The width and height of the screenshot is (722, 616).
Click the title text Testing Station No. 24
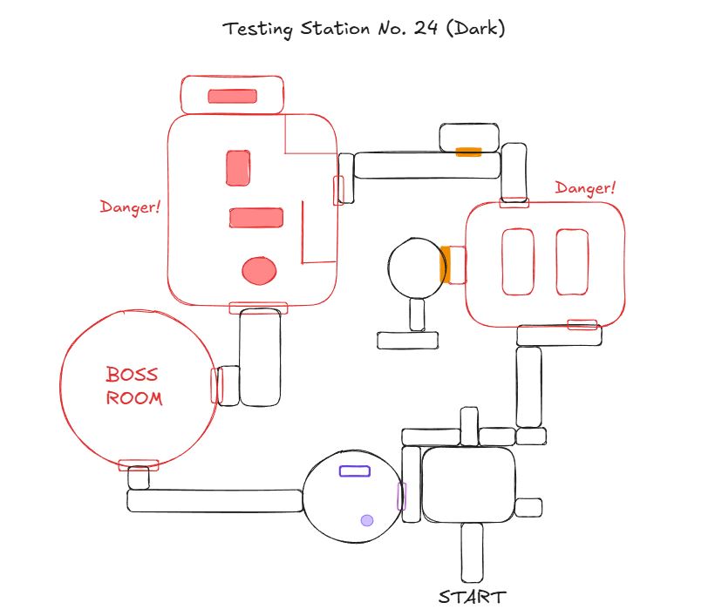tap(364, 29)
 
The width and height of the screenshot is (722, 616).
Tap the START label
tap(471, 597)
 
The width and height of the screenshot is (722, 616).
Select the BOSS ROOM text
tap(133, 387)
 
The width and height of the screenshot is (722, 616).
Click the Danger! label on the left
tap(130, 207)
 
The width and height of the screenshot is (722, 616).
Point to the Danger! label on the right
tap(585, 187)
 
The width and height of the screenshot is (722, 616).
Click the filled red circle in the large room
tap(258, 271)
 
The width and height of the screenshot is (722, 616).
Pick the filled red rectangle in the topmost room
tap(232, 96)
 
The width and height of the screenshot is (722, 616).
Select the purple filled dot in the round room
tap(367, 520)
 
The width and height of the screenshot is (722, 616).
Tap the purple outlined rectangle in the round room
tap(354, 471)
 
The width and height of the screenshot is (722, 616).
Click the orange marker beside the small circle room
tap(445, 265)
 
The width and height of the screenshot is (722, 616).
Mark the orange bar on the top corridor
tap(468, 152)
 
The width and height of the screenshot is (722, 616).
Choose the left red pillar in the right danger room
tap(518, 261)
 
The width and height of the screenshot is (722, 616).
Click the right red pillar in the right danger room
tap(572, 261)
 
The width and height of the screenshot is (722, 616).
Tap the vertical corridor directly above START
tap(472, 553)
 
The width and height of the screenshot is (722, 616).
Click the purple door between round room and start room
tap(402, 496)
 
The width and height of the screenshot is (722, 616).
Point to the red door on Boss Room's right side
tap(216, 385)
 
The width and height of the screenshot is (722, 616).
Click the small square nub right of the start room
tap(528, 507)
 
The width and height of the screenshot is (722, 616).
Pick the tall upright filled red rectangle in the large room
tap(238, 168)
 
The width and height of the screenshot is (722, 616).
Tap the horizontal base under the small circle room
tap(409, 341)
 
